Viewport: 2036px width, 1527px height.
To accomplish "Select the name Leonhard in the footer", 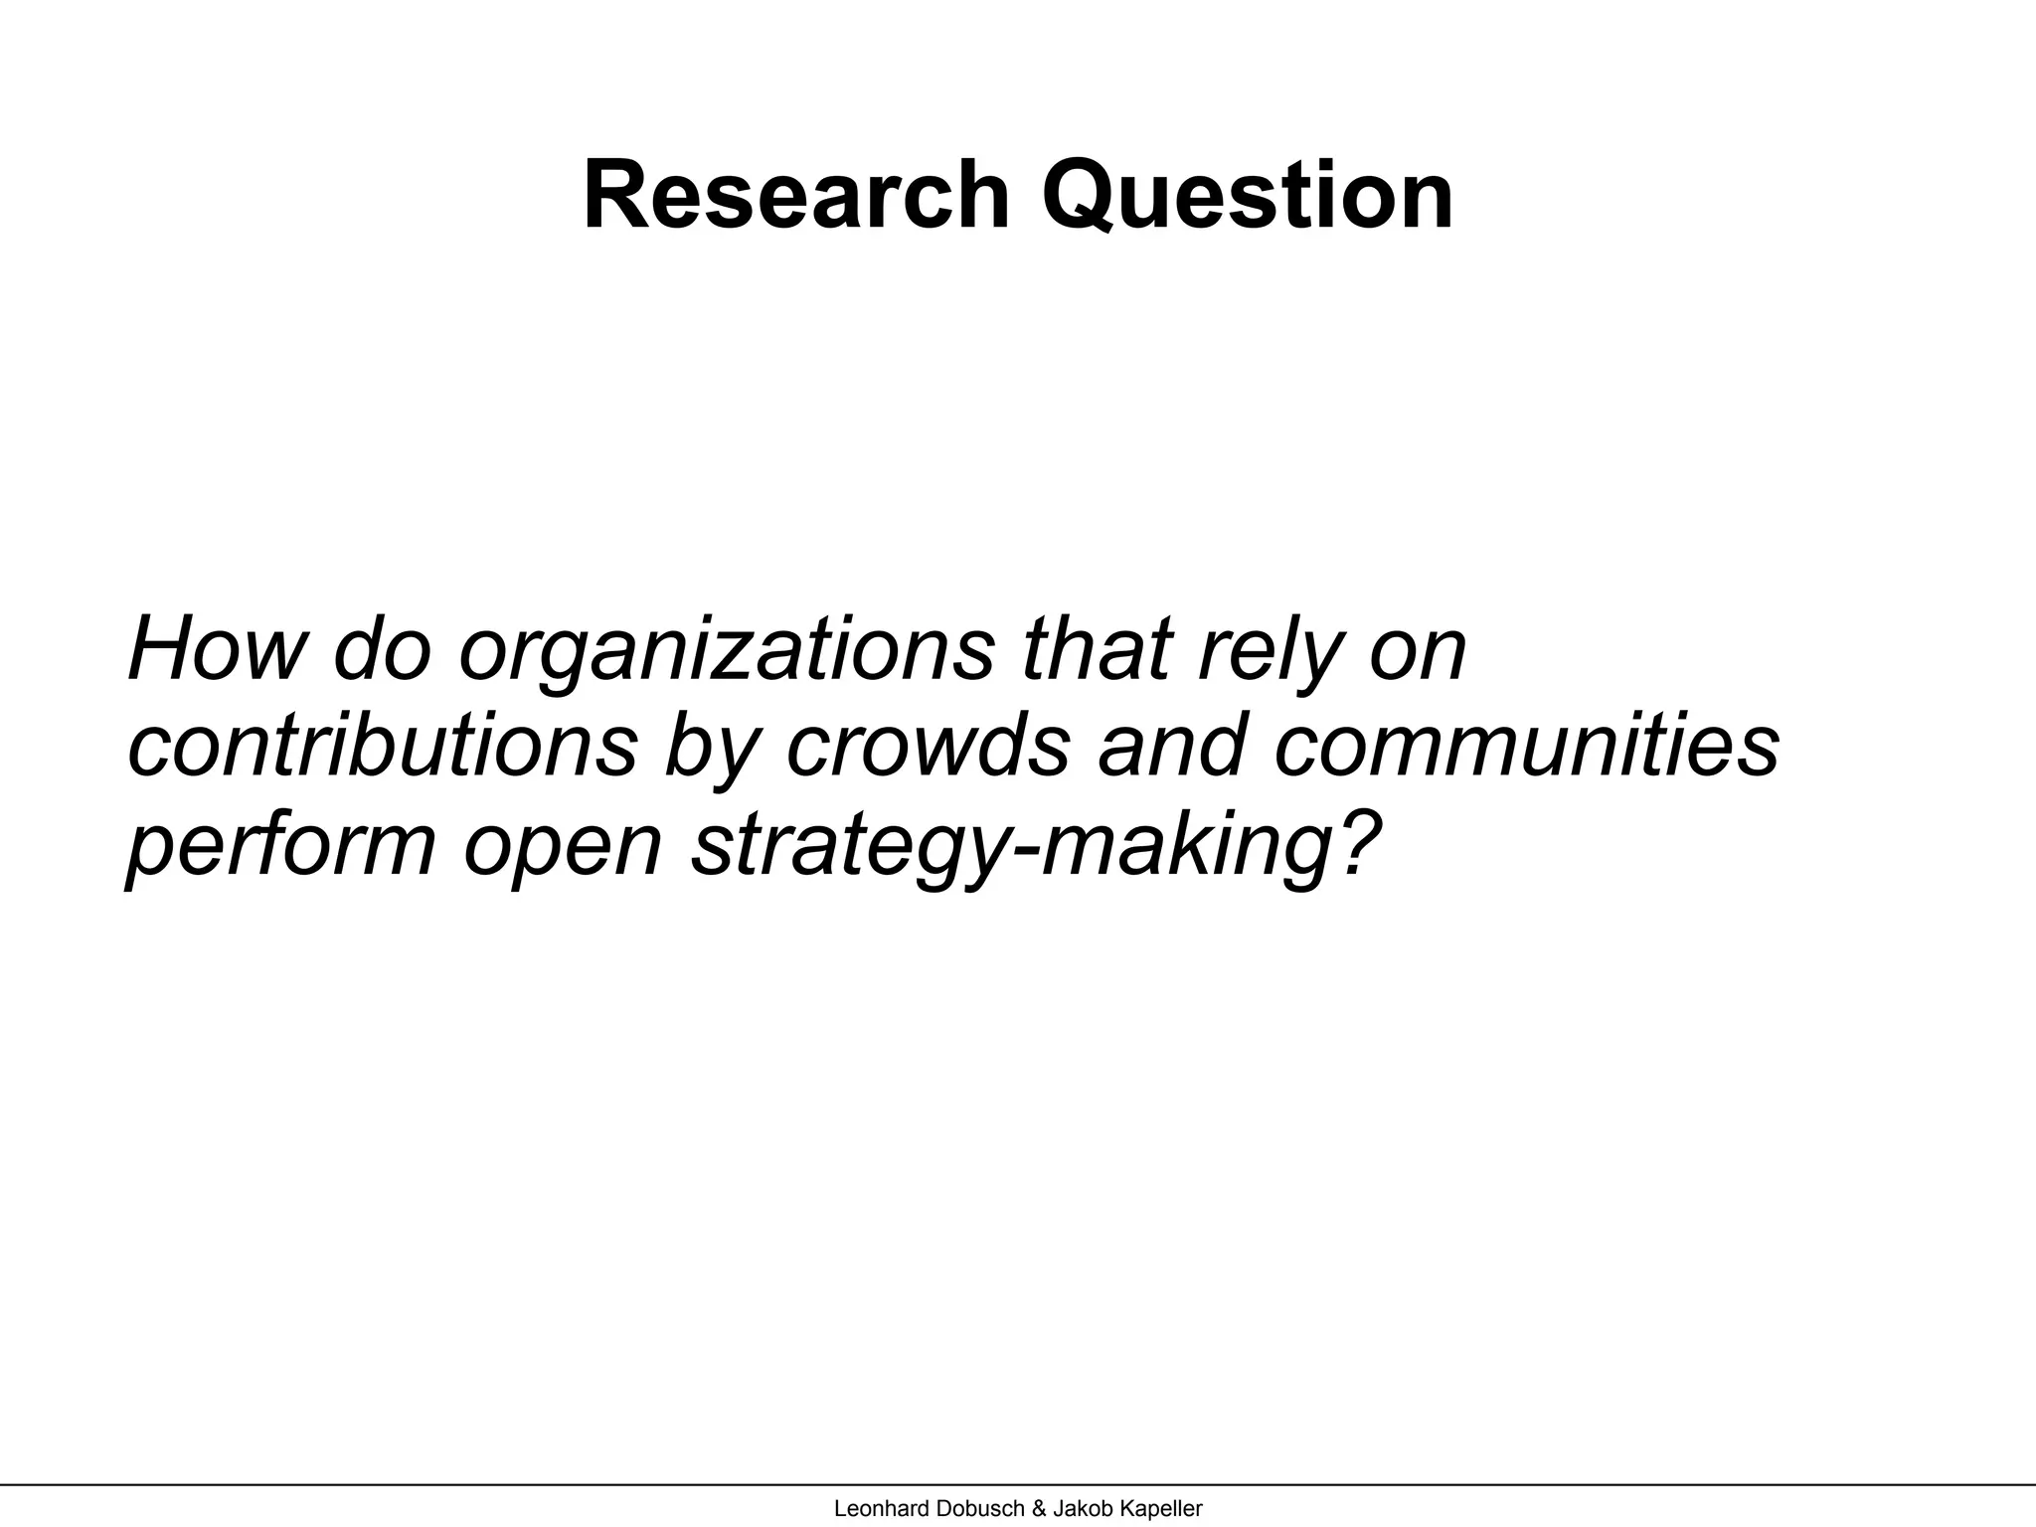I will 878,1508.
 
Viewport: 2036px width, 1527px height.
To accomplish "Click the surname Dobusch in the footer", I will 978,1508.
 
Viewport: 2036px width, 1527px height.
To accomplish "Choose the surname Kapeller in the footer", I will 1161,1508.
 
